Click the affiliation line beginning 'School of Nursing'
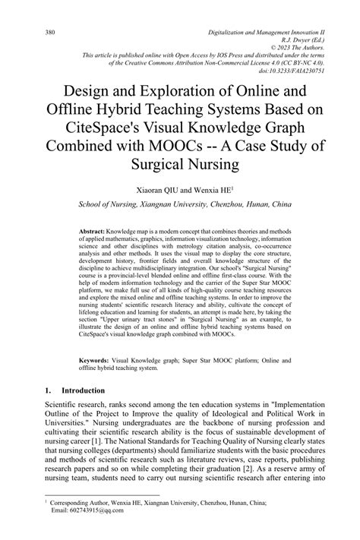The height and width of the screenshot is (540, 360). coord(179,204)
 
